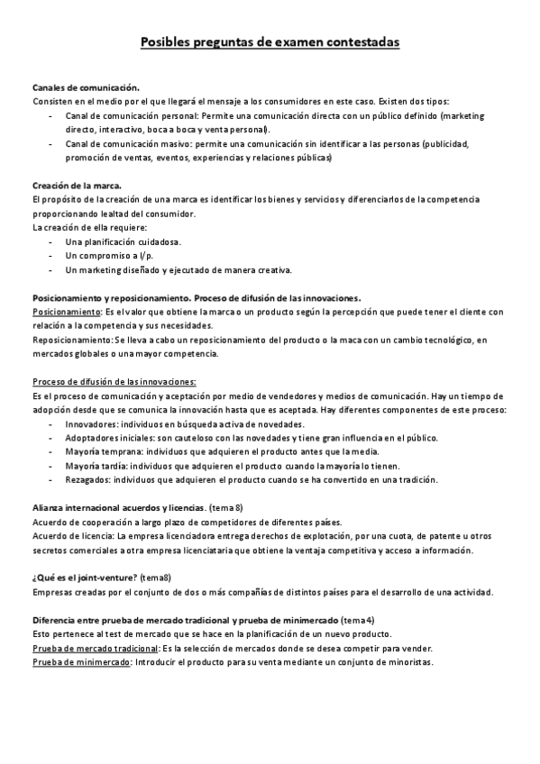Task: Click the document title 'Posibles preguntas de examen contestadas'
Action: (270, 42)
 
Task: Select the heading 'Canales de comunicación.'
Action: (86, 87)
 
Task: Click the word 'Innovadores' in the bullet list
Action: (95, 424)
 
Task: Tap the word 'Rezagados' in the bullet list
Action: (90, 480)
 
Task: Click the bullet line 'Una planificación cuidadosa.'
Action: (124, 241)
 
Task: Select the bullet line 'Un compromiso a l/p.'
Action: (109, 256)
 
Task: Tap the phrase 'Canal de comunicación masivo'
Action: (133, 143)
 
